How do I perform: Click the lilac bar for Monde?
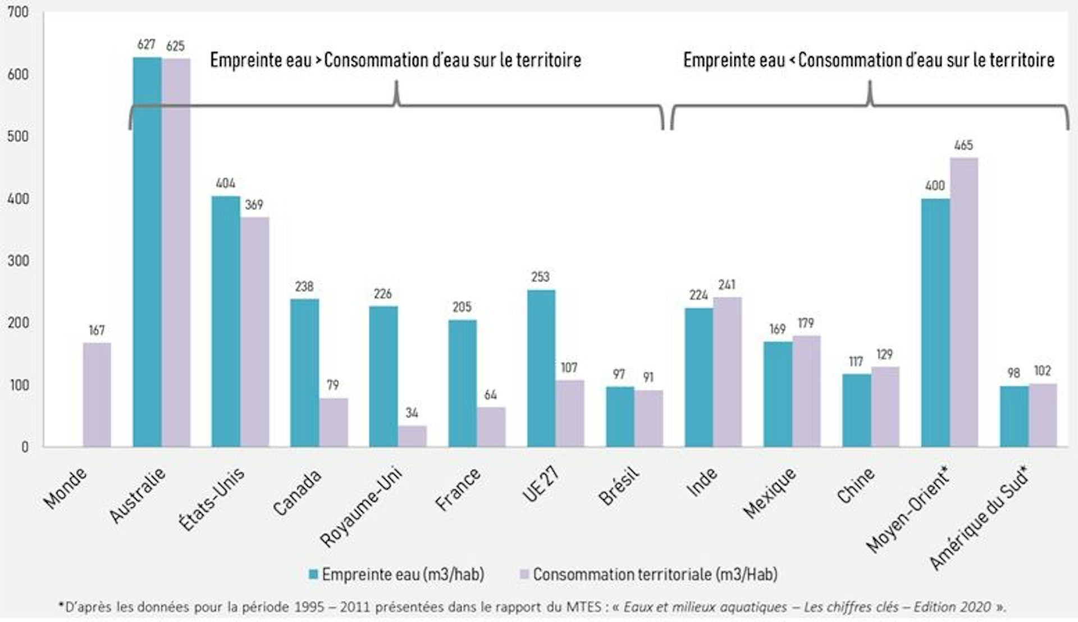point(97,394)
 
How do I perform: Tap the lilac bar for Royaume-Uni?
point(412,436)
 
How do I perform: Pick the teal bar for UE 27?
point(541,368)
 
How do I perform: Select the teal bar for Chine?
point(856,410)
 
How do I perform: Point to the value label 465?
point(963,146)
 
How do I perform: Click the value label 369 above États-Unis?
point(254,205)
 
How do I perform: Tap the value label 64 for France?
point(491,395)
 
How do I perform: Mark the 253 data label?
point(540,277)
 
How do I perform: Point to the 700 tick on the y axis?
point(17,12)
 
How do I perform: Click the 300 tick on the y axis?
point(17,261)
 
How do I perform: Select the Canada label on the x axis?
point(297,492)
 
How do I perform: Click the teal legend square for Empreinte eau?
point(313,574)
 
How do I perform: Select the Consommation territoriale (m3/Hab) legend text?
point(655,574)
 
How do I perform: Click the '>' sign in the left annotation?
point(318,60)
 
